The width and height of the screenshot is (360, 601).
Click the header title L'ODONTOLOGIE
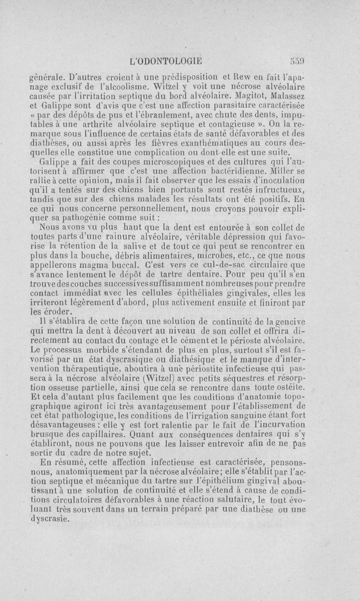pos(166,58)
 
